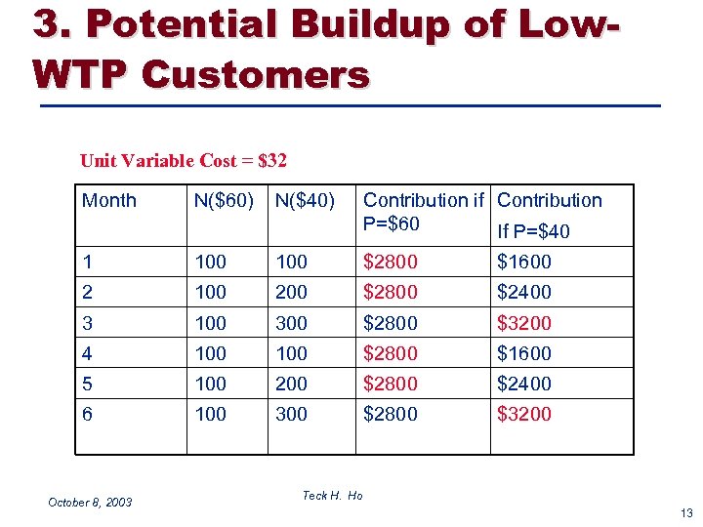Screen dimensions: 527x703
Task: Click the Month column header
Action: point(109,201)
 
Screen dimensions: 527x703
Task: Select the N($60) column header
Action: point(224,201)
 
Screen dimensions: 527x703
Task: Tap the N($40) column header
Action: point(305,201)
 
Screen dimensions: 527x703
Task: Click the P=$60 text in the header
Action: point(392,224)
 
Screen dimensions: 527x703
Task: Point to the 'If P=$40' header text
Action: point(533,231)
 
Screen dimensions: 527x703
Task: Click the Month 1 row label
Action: point(88,262)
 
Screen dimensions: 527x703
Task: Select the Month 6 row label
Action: point(88,414)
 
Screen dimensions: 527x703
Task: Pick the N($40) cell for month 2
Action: point(291,292)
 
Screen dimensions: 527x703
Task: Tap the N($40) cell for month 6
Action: point(291,414)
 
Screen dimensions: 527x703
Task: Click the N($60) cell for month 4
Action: point(210,353)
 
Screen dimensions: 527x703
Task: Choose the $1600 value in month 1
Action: point(524,262)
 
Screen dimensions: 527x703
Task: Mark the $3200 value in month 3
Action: point(524,323)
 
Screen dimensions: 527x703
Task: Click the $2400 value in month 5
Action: point(524,384)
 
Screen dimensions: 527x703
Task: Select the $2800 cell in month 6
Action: point(391,414)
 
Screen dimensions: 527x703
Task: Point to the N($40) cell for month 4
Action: point(291,353)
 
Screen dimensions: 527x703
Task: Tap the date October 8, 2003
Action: point(90,503)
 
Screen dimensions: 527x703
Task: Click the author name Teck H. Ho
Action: point(332,496)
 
